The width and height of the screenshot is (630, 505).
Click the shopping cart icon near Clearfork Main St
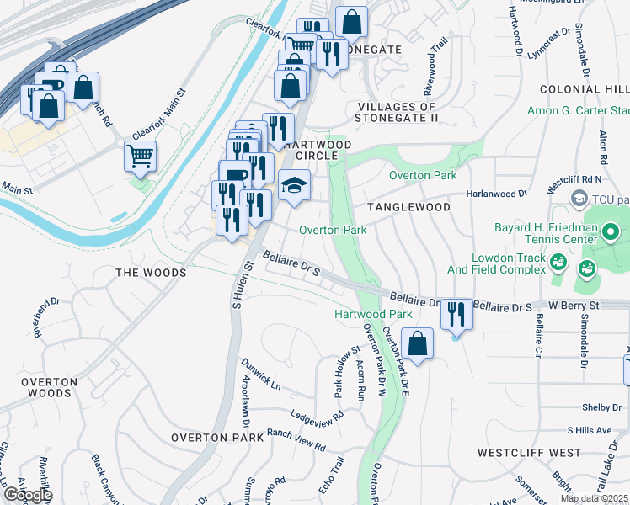pyautogui.click(x=140, y=155)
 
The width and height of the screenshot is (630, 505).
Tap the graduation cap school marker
pyautogui.click(x=295, y=184)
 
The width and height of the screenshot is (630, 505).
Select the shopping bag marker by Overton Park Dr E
pyautogui.click(x=417, y=343)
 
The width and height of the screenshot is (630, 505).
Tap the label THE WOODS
pyautogui.click(x=150, y=273)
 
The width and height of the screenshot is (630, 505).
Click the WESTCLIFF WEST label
pyautogui.click(x=529, y=453)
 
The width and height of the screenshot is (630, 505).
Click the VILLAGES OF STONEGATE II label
pyautogui.click(x=396, y=112)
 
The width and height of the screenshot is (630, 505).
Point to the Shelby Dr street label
pyautogui.click(x=601, y=407)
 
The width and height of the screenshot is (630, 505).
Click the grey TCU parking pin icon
pyautogui.click(x=579, y=199)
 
